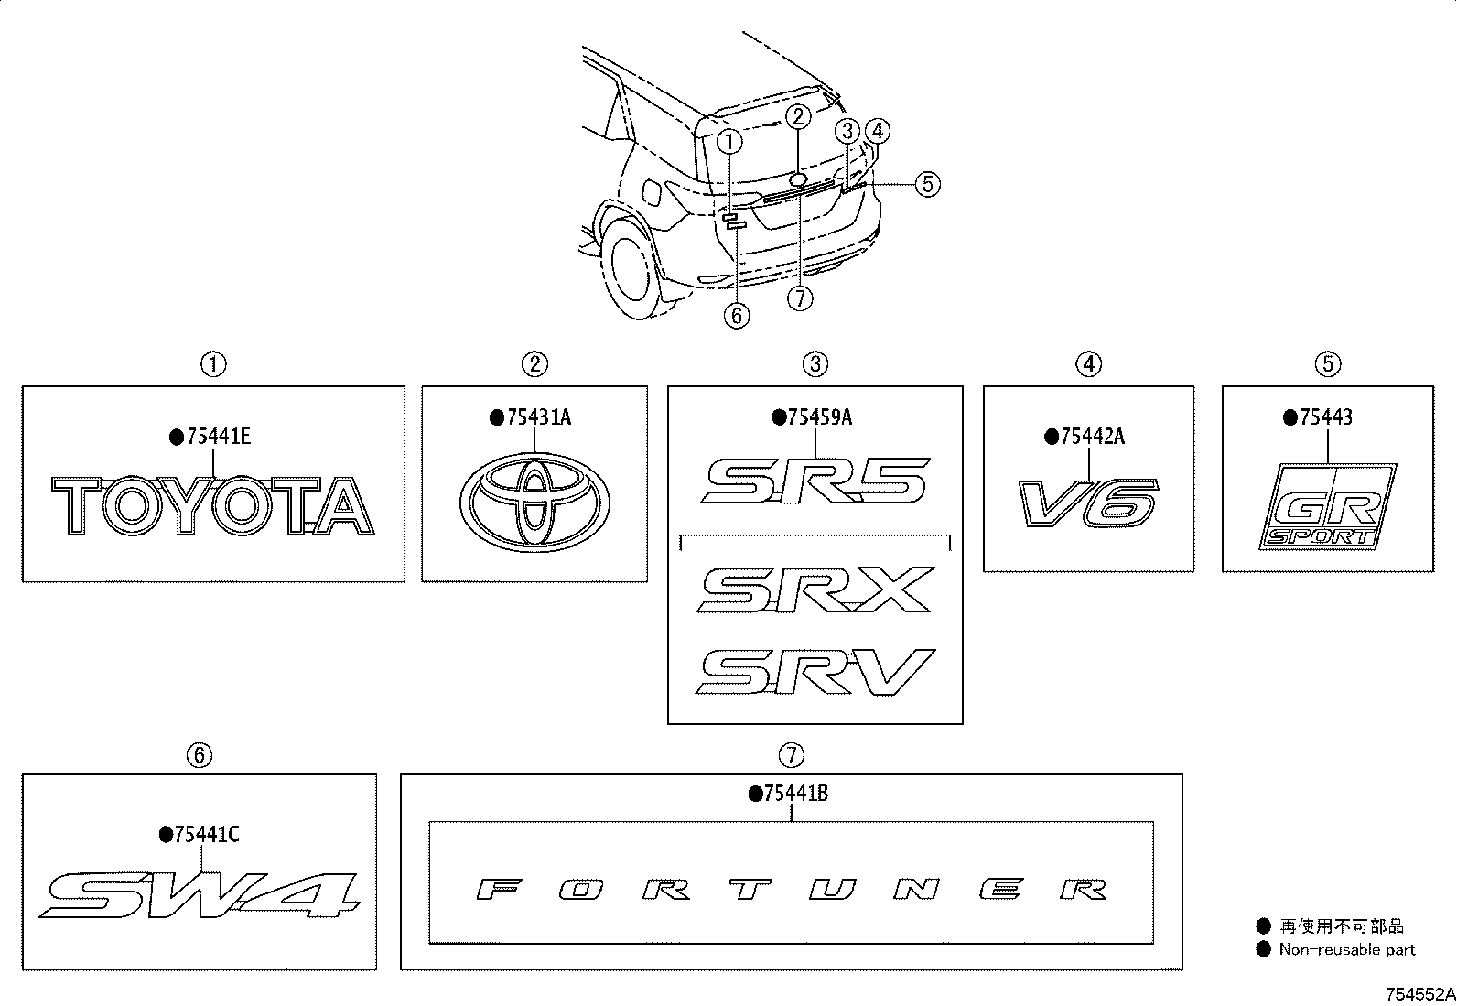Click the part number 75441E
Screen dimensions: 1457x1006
tap(219, 436)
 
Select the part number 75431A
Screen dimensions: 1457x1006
tap(538, 416)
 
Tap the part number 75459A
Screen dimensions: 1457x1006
tap(820, 416)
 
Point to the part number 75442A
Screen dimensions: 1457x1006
tap(1092, 436)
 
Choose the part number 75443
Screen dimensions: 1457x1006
tap(1325, 416)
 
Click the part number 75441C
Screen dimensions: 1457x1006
tap(207, 834)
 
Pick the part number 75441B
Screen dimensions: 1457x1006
tap(795, 794)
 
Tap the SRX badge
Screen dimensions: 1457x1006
tap(815, 590)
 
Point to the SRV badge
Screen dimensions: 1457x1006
tap(815, 672)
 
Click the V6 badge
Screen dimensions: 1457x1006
tap(1089, 503)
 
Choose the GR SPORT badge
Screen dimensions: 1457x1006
tap(1328, 506)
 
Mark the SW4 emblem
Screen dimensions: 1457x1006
tap(199, 895)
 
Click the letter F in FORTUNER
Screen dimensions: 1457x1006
tap(499, 889)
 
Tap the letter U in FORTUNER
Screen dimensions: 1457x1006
tap(833, 889)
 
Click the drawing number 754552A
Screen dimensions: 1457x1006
tap(1419, 994)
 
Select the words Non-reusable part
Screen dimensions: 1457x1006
tap(1347, 949)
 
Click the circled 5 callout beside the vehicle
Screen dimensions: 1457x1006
tap(927, 184)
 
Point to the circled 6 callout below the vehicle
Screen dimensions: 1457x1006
tap(737, 316)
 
